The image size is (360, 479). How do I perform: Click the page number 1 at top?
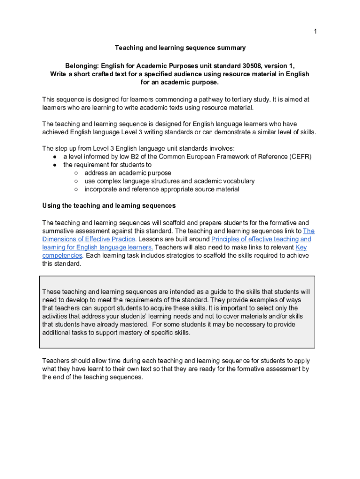315,31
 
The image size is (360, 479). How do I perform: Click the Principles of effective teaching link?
261,239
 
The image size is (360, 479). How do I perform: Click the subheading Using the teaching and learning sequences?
109,205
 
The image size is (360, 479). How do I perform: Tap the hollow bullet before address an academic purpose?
76,173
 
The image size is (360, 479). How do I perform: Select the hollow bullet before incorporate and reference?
76,189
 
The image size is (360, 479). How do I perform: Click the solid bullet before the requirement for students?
55,165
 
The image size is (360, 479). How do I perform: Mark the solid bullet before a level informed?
55,157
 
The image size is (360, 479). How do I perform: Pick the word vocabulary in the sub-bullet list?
236,181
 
